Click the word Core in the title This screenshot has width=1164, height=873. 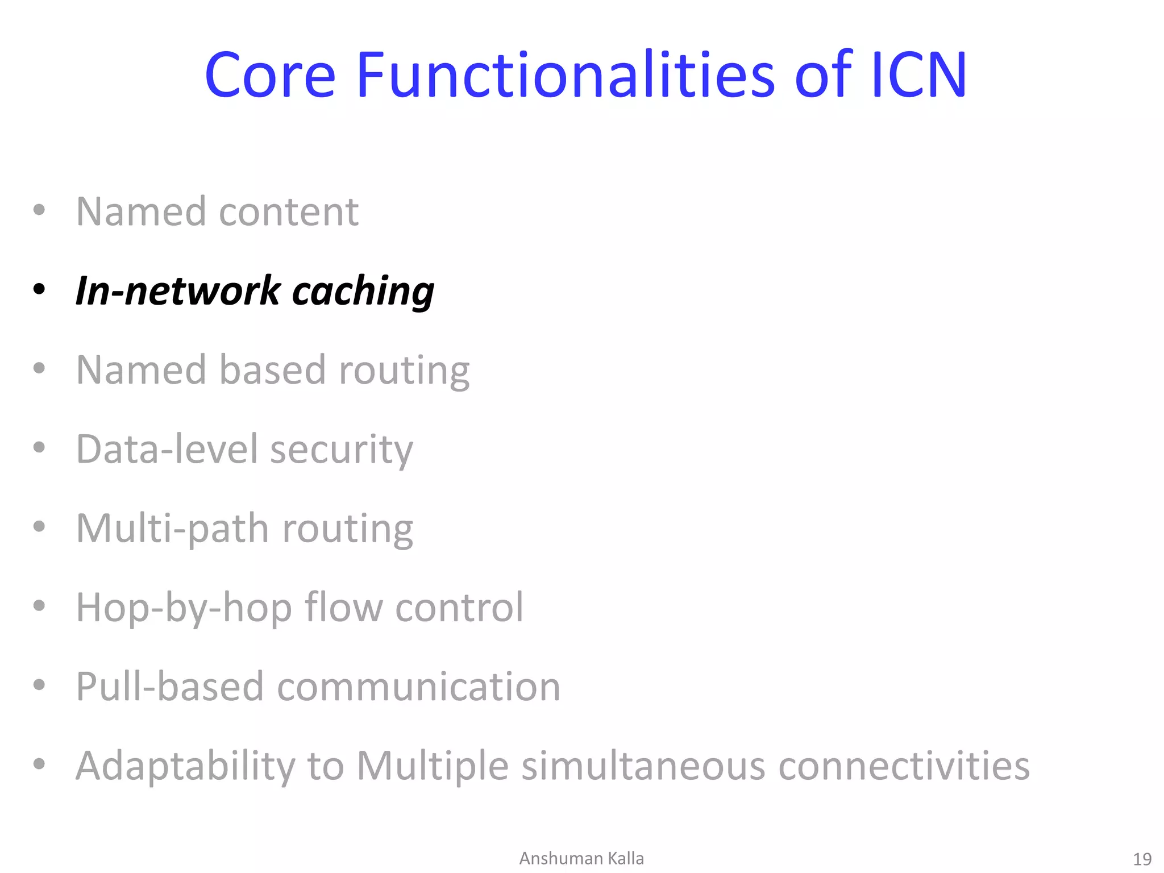[270, 76]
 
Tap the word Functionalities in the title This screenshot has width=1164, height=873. [566, 76]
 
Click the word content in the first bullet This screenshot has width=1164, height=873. [289, 212]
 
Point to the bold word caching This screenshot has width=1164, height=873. [363, 292]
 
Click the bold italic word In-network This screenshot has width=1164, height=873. [178, 290]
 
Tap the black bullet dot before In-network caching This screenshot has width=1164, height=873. [39, 289]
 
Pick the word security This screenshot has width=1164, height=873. [341, 451]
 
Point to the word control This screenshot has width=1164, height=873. [459, 608]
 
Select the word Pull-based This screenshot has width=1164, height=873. [170, 687]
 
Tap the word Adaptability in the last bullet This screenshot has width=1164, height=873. [185, 767]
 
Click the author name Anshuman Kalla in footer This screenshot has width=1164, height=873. [581, 858]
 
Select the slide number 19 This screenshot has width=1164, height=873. [1142, 859]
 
